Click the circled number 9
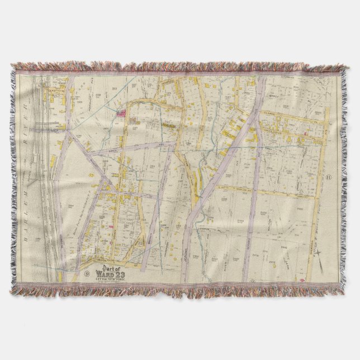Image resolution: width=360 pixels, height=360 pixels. point(87,274)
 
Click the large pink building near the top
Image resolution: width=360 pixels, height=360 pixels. point(121,113)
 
